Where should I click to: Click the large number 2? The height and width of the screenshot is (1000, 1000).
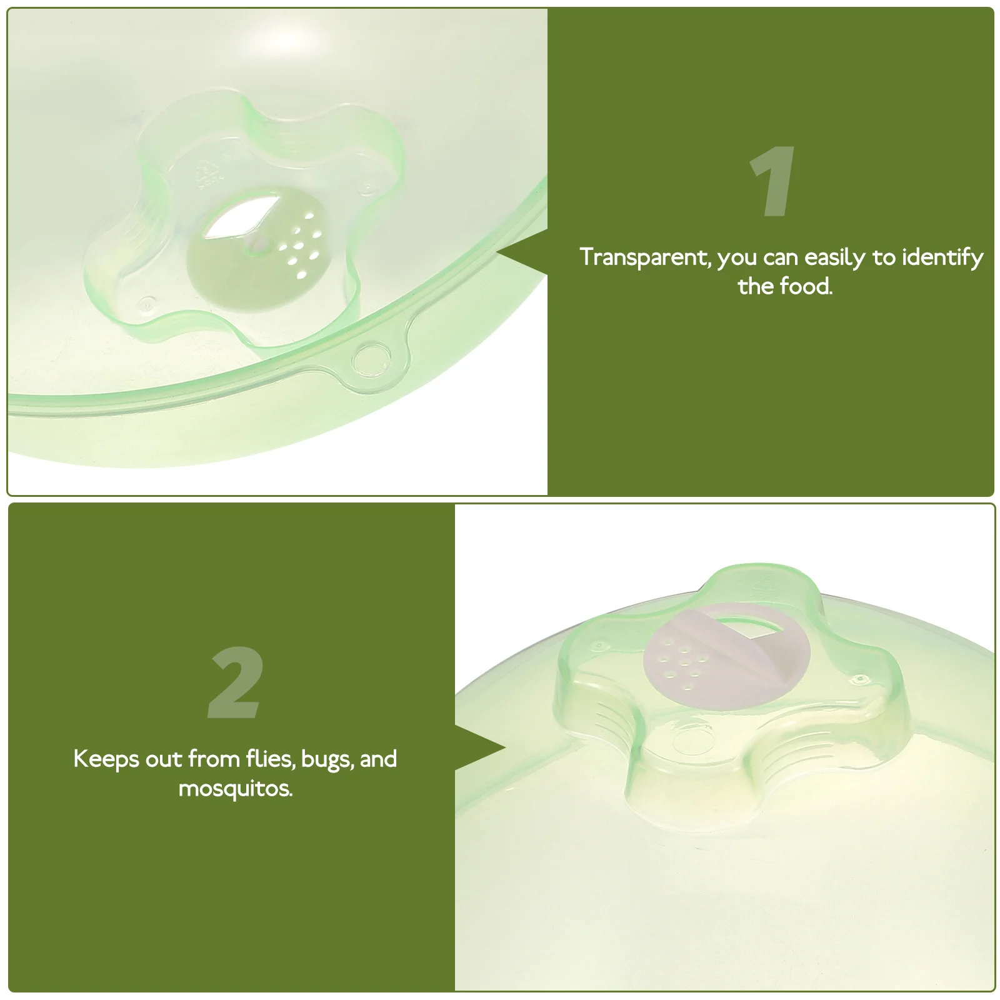click(x=234, y=683)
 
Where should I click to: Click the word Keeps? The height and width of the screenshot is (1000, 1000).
click(x=106, y=760)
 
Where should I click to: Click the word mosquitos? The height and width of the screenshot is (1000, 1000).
click(x=235, y=788)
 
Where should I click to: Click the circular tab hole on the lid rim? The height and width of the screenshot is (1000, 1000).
click(x=366, y=359)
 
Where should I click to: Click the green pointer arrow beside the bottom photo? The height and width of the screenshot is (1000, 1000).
click(x=481, y=747)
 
